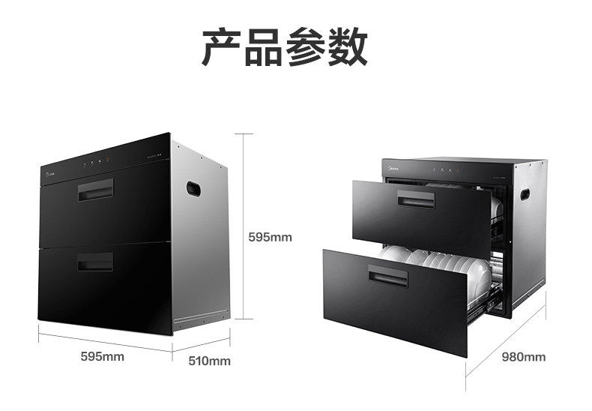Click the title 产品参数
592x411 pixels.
click(285, 46)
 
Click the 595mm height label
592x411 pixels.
click(270, 237)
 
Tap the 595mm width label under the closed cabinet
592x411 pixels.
click(103, 356)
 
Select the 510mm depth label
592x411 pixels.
click(209, 361)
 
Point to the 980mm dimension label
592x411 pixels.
click(523, 356)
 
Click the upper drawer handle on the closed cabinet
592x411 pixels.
click(95, 190)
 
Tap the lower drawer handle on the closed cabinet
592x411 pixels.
click(94, 262)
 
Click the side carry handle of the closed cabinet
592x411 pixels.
click(193, 187)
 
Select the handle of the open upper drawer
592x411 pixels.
click(414, 201)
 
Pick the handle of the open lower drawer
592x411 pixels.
click(390, 278)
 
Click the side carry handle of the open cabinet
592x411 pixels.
click(525, 195)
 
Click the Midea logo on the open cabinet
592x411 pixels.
click(394, 169)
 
